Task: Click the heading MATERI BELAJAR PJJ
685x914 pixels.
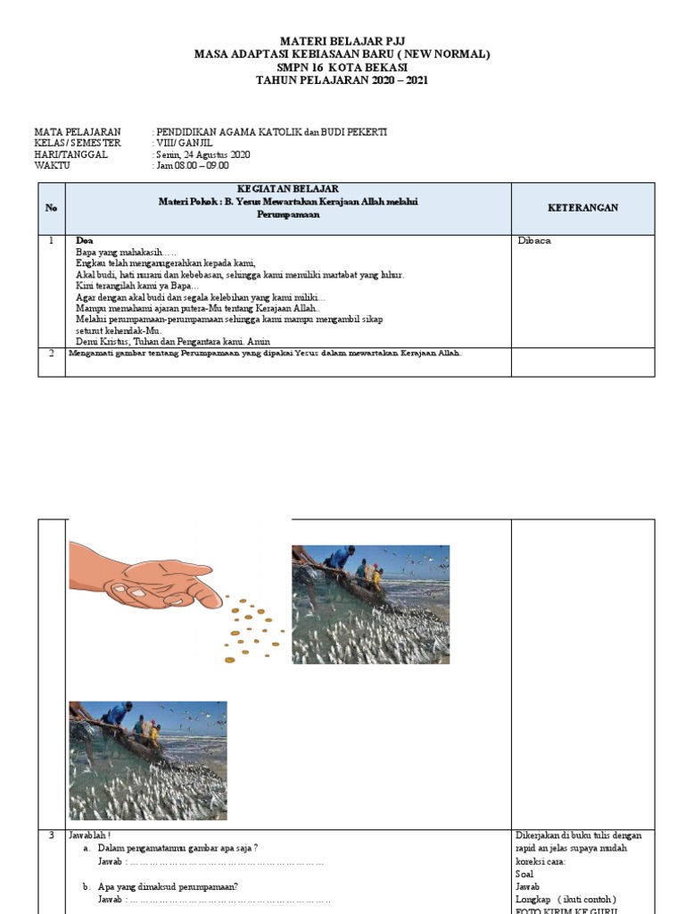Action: click(x=342, y=42)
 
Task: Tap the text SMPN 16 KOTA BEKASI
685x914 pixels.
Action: click(x=342, y=67)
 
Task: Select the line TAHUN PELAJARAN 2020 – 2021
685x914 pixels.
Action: click(x=342, y=79)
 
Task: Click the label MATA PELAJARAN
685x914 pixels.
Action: click(x=78, y=132)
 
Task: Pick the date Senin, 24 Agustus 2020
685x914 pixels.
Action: click(x=202, y=154)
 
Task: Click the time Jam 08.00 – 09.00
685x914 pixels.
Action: click(x=192, y=165)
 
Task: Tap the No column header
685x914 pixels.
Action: click(x=51, y=208)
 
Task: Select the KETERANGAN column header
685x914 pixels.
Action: click(x=582, y=208)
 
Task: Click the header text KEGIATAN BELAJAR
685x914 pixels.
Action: click(x=287, y=189)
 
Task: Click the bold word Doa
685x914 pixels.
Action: click(x=85, y=241)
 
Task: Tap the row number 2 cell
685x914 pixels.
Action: click(x=51, y=353)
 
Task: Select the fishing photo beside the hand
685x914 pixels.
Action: click(x=370, y=604)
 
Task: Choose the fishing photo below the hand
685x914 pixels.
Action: click(x=148, y=760)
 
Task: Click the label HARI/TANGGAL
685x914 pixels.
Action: click(x=70, y=154)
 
